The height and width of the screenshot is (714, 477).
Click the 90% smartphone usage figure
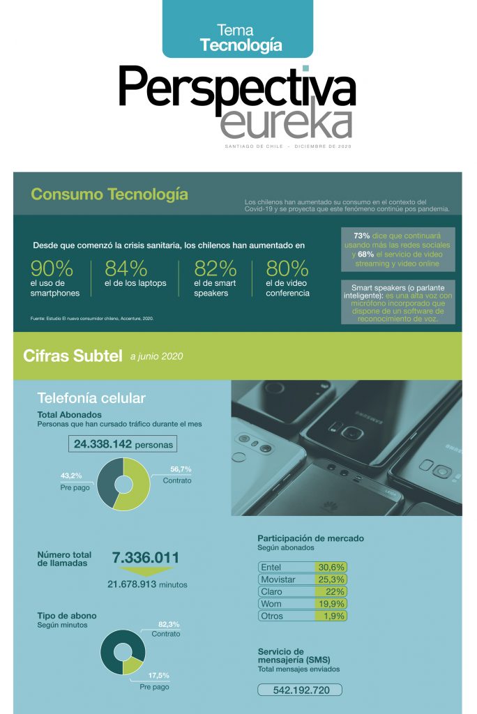52,269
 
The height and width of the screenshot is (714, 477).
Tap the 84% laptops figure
126,269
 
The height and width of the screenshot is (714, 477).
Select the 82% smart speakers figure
215,269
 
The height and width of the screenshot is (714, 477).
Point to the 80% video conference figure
287,269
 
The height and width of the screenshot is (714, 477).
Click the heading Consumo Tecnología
109,194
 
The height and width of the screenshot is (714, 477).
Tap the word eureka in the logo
286,122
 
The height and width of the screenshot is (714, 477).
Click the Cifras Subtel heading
72,356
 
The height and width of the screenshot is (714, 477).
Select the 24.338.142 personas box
122,443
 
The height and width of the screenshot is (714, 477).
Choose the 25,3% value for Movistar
331,579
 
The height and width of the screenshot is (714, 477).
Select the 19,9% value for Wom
331,604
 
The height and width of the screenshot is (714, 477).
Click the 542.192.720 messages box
300,690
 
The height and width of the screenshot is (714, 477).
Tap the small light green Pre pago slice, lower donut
131,666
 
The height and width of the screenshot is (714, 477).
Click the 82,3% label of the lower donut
169,624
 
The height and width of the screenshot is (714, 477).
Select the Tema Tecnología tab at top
238,38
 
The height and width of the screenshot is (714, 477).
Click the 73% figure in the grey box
362,236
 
